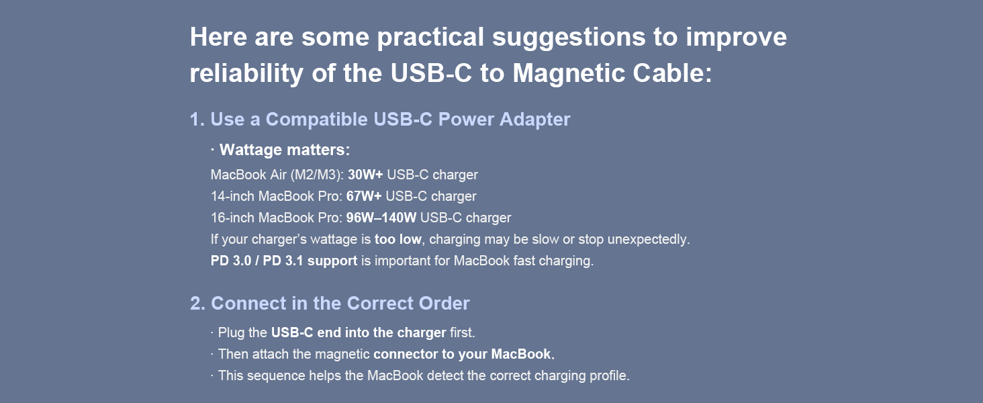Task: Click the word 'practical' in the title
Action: [x=430, y=38]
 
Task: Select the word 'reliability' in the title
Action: [x=246, y=73]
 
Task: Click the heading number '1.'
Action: [x=197, y=120]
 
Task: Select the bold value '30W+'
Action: [x=365, y=175]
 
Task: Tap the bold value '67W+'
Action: [x=364, y=197]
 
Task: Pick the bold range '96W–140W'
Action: [x=381, y=218]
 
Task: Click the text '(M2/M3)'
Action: [x=317, y=175]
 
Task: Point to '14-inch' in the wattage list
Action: [x=232, y=197]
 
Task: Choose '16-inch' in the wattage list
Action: [x=232, y=218]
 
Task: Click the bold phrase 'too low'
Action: [x=398, y=239]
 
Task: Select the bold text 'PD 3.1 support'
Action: [x=310, y=261]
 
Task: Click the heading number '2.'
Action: [x=197, y=304]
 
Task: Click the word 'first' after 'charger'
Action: [x=461, y=332]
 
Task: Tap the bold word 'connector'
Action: [x=405, y=354]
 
